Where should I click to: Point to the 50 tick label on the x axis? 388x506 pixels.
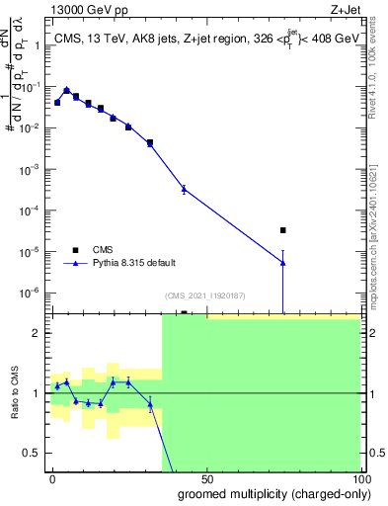point(206,477)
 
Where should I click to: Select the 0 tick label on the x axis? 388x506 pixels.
point(53,477)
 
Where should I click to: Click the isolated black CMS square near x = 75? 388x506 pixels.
point(282,230)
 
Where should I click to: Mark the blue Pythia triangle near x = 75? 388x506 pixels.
point(282,261)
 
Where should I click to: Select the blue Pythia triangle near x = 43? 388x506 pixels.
point(184,188)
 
